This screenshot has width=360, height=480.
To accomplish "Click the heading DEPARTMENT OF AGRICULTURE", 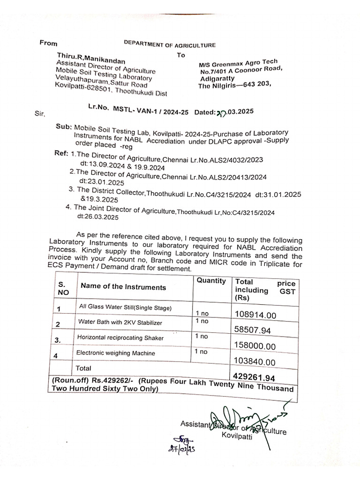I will pos(170,45).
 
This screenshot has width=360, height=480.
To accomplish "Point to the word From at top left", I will pos(48,43).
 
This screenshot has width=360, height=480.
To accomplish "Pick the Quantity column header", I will pos(211,281).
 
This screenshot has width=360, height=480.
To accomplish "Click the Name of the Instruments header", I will pos(123,287).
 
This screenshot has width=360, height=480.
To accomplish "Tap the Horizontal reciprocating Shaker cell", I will pos(120,337).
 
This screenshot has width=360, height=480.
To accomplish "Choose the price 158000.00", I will pos(255,346).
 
